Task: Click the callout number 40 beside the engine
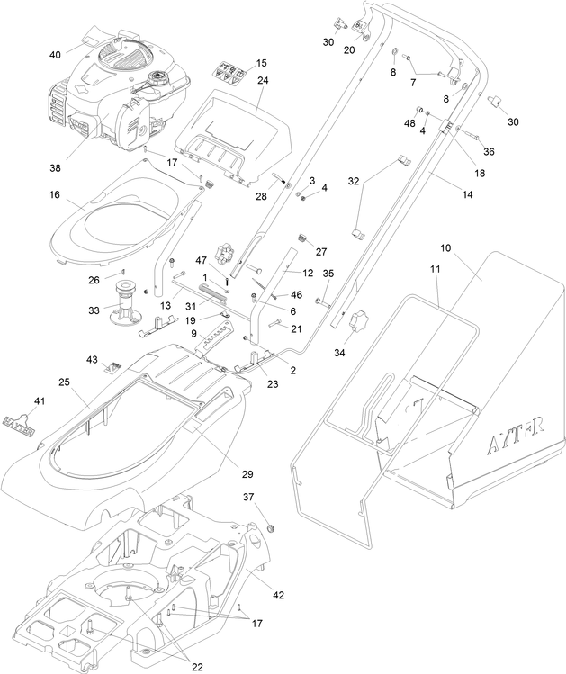[55, 54]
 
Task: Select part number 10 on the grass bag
[445, 247]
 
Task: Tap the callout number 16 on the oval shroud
[55, 193]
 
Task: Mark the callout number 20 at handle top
[349, 49]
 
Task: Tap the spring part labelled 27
[303, 238]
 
